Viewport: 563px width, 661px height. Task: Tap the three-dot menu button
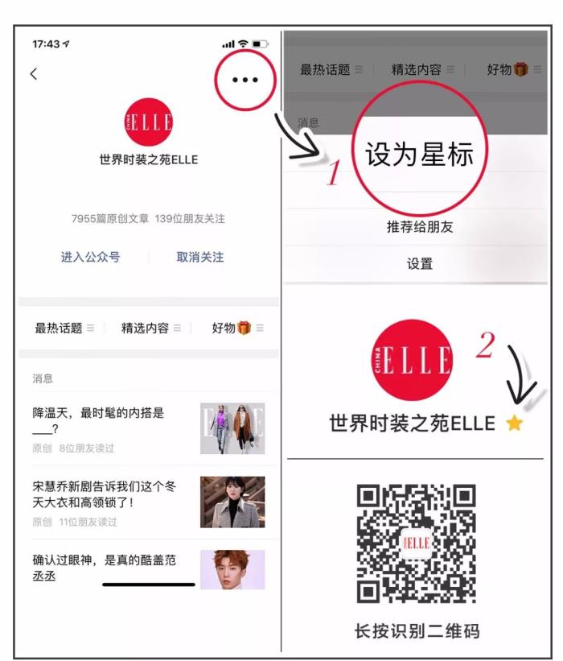(x=245, y=80)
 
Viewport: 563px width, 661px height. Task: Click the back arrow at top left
(x=34, y=74)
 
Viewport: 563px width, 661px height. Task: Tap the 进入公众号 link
(x=91, y=257)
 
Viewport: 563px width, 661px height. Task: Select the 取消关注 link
(x=200, y=257)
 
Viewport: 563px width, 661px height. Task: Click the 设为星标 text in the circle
(x=419, y=154)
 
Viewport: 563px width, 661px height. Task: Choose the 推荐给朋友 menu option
(x=420, y=227)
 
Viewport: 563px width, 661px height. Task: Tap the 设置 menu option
(x=420, y=264)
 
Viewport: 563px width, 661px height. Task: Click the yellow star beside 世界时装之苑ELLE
(x=515, y=423)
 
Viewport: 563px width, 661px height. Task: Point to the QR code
(x=417, y=543)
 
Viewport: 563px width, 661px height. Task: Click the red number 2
(x=486, y=345)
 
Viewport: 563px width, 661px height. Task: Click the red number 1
(x=334, y=173)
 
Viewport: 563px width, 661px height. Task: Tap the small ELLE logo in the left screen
(x=149, y=122)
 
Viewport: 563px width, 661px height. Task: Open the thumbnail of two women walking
(x=232, y=428)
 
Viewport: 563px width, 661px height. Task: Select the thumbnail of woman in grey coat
(x=232, y=502)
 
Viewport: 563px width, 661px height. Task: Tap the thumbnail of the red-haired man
(x=232, y=569)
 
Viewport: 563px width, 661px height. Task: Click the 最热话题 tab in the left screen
(x=59, y=328)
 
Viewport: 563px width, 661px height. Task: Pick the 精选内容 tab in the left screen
(x=145, y=328)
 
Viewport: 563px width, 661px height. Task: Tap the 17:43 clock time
(x=46, y=43)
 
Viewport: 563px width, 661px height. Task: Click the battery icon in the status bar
(x=260, y=43)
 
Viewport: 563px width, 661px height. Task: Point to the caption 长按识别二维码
(x=417, y=631)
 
